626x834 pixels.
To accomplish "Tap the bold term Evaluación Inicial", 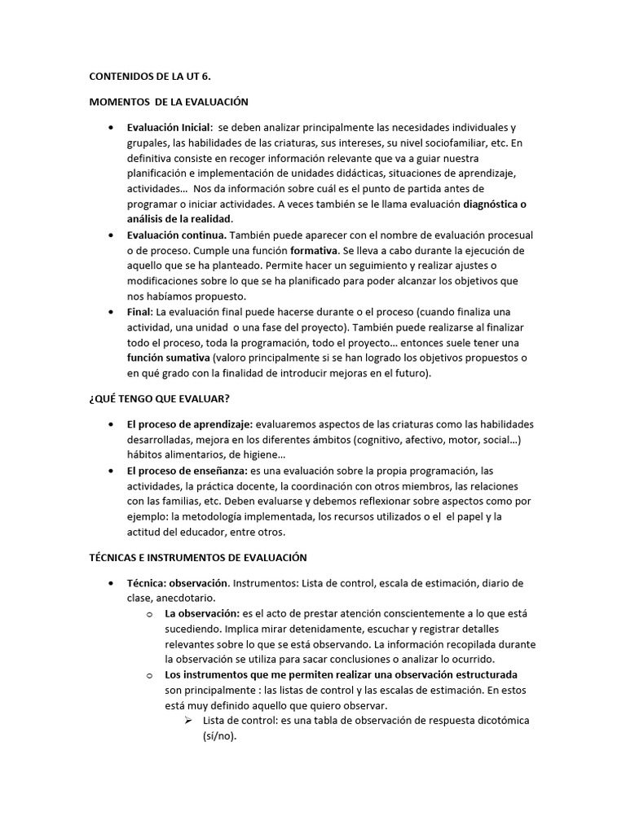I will (169, 128).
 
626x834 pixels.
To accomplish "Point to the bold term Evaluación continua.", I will (172, 235).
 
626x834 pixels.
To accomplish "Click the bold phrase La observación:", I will (202, 613).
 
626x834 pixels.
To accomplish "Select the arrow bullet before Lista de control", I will (187, 721).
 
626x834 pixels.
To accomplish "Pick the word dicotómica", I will (486, 721).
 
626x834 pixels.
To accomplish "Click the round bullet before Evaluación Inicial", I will (110, 129).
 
